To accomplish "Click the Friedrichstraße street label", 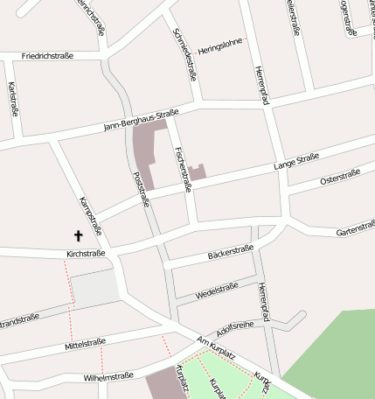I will [48, 55].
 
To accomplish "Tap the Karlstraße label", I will [13, 99].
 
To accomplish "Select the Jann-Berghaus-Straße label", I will [141, 119].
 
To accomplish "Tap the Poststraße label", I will [140, 188].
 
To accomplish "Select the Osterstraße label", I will [340, 178].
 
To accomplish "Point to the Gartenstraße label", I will [355, 231].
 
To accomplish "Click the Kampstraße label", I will [91, 216].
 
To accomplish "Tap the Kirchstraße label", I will [86, 254].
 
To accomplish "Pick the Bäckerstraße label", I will [230, 254].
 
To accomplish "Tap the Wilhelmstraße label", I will [108, 376].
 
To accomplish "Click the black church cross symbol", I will [78, 235].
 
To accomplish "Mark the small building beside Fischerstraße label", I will [198, 172].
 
